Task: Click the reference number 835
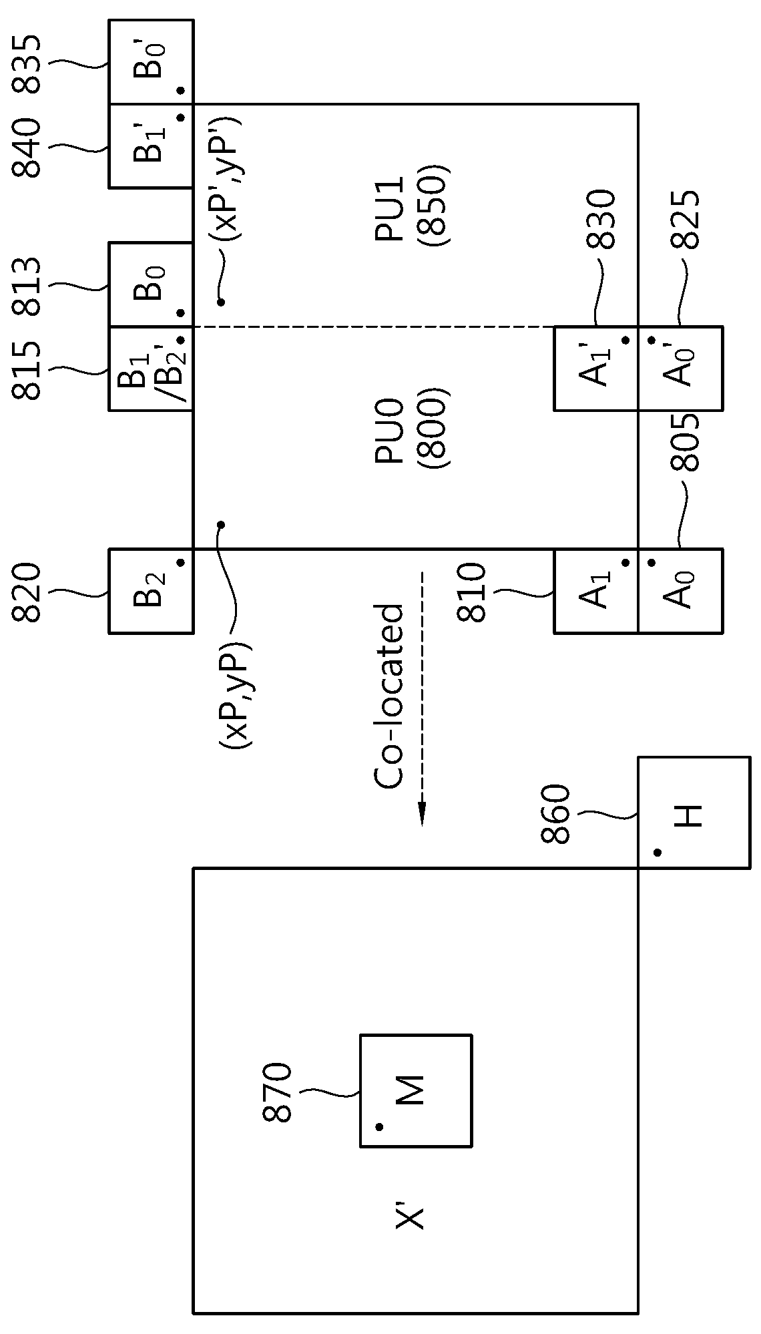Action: coord(27,65)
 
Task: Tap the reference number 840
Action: coord(27,148)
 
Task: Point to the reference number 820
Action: coord(27,593)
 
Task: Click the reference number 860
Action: coord(555,814)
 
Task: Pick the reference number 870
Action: coord(277,1092)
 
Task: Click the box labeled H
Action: coord(694,813)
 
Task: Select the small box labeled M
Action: coord(416,1091)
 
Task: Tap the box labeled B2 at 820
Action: coord(151,591)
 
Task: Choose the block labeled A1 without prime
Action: coord(596,591)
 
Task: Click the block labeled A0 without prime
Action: coord(680,591)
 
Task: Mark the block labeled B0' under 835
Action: coord(151,62)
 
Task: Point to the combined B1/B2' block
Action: coord(151,368)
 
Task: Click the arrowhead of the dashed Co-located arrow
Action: coord(422,814)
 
